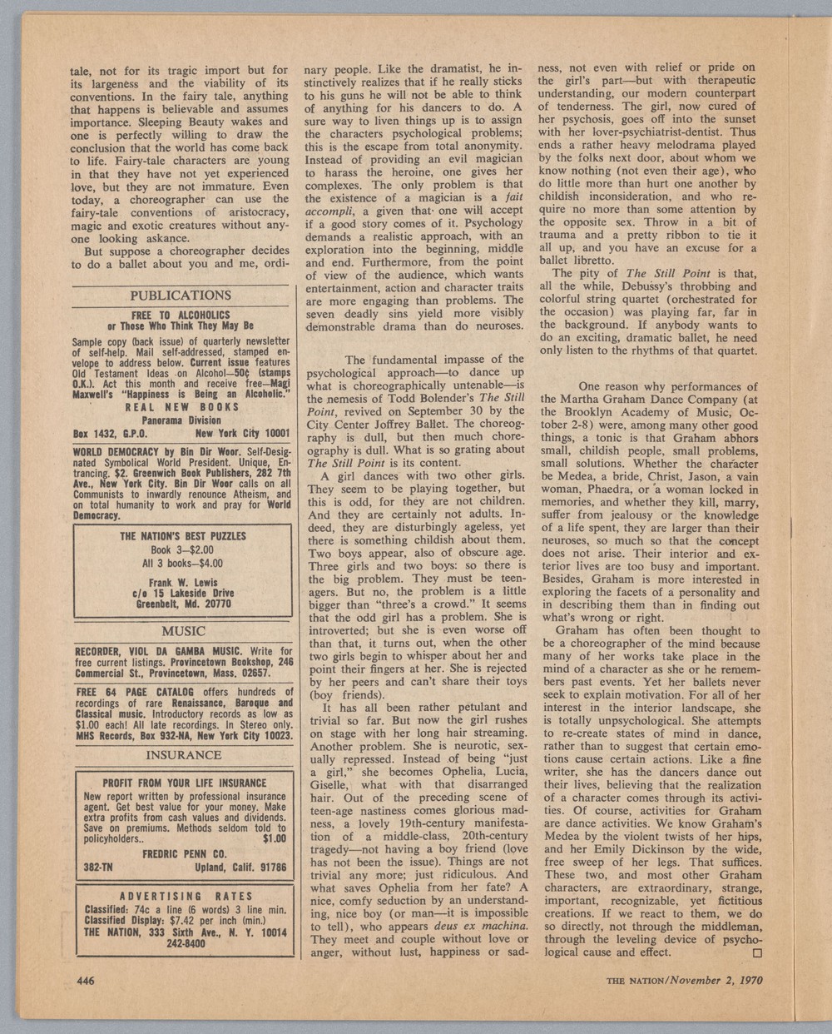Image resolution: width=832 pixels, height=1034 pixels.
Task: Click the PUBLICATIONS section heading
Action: pos(181,296)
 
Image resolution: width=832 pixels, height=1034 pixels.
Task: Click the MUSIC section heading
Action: pos(182,631)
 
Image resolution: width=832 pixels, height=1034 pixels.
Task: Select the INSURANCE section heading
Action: pos(182,756)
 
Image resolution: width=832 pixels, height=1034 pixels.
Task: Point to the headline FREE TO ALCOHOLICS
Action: pos(181,316)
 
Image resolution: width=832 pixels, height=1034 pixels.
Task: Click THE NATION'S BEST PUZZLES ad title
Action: pos(182,537)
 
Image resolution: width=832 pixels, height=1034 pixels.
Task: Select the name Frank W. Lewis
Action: pos(182,581)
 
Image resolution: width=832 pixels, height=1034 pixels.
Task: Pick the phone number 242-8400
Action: pos(182,944)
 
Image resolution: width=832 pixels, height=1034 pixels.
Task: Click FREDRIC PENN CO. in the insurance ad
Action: pos(182,853)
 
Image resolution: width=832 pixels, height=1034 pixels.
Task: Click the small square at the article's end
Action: pos(756,952)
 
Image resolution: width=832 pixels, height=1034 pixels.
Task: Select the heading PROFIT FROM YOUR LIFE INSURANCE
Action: pos(184,783)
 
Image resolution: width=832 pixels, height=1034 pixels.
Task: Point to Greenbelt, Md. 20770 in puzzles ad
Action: pos(182,604)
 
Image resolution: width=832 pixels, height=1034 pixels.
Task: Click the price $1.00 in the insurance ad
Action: pos(274,839)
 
